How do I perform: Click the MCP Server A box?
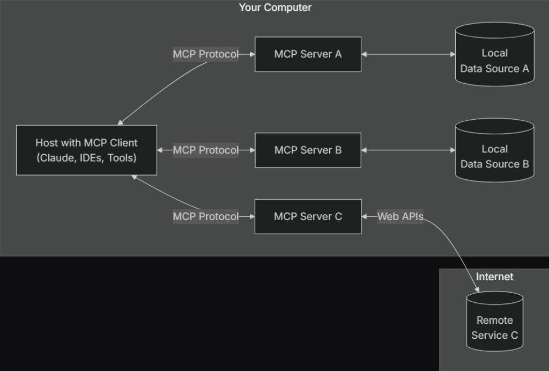point(308,54)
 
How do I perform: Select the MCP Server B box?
point(308,150)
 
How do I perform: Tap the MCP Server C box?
point(308,216)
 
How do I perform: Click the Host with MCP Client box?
point(86,150)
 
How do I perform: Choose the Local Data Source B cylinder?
point(494,151)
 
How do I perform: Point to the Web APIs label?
point(400,216)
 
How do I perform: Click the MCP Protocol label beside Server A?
point(205,54)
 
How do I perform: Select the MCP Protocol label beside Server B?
point(205,150)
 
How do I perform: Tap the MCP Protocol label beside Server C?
point(205,216)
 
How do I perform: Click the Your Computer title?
point(274,8)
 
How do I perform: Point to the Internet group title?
point(494,277)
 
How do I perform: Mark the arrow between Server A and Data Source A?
point(408,54)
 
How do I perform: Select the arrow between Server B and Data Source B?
point(408,150)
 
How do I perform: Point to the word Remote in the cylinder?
point(494,320)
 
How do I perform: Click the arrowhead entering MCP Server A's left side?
point(251,54)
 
